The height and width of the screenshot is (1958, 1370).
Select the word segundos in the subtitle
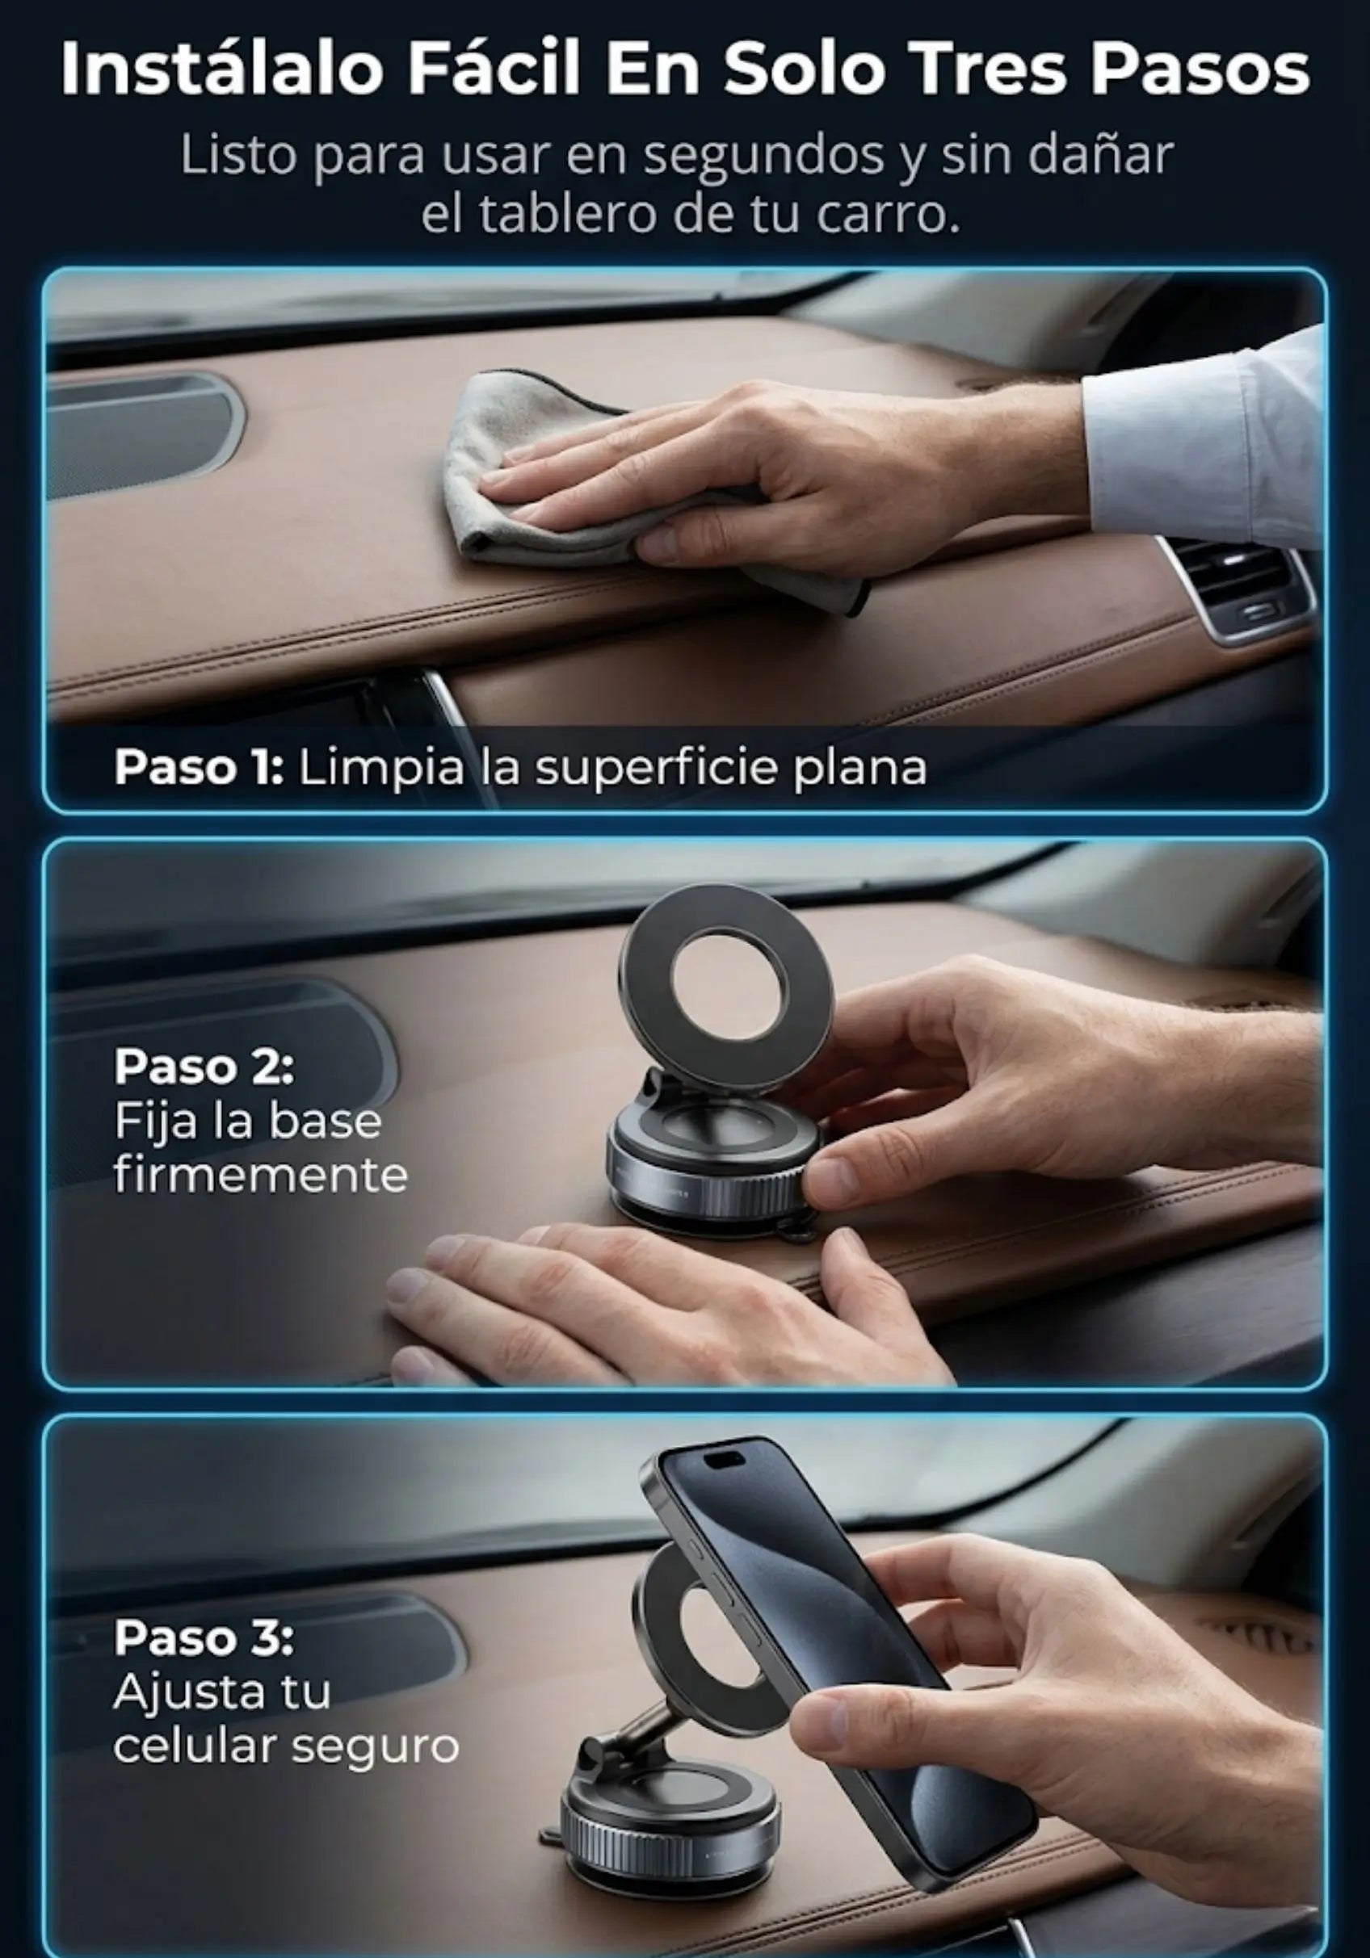763,156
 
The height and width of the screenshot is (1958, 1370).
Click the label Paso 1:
198,768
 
